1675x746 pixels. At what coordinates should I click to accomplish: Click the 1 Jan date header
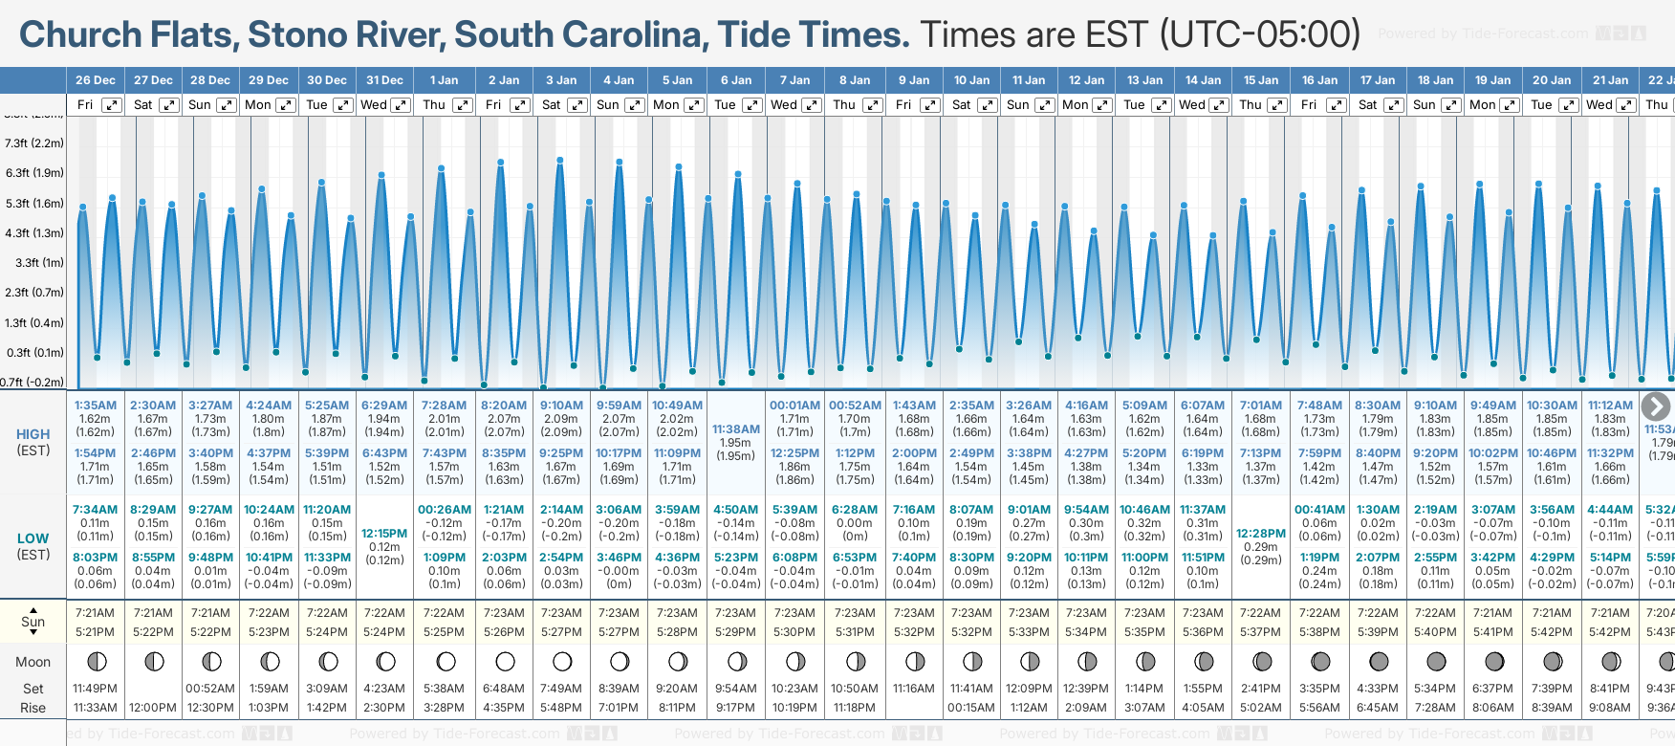[x=444, y=80]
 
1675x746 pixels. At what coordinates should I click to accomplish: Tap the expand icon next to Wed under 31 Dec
[x=401, y=105]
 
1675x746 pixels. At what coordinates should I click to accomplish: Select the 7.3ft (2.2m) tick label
[x=34, y=143]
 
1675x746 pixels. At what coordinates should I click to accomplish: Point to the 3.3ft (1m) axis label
[x=34, y=262]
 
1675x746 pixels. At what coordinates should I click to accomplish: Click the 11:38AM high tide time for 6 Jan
[x=736, y=429]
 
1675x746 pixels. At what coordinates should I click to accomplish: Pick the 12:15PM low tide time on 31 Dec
[x=384, y=534]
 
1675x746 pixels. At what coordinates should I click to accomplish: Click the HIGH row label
[x=33, y=434]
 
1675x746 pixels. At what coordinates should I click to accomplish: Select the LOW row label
[x=33, y=538]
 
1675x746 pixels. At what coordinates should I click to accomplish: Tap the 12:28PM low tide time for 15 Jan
[x=1261, y=534]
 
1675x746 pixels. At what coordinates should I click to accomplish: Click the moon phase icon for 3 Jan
[x=562, y=662]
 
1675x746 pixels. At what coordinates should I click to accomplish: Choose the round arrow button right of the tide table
[x=1655, y=406]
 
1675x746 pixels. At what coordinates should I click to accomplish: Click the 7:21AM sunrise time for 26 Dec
[x=96, y=613]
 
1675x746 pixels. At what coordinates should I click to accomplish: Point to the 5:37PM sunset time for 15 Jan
[x=1261, y=632]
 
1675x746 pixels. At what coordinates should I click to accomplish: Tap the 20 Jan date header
[x=1552, y=80]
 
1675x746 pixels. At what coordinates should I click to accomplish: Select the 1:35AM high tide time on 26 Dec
[x=96, y=406]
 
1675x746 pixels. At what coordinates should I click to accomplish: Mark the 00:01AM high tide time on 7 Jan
[x=794, y=406]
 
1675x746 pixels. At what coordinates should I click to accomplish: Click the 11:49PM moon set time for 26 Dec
[x=96, y=689]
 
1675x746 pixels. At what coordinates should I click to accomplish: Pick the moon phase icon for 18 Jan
[x=1436, y=662]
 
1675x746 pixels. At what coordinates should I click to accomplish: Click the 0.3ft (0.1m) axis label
[x=34, y=352]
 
